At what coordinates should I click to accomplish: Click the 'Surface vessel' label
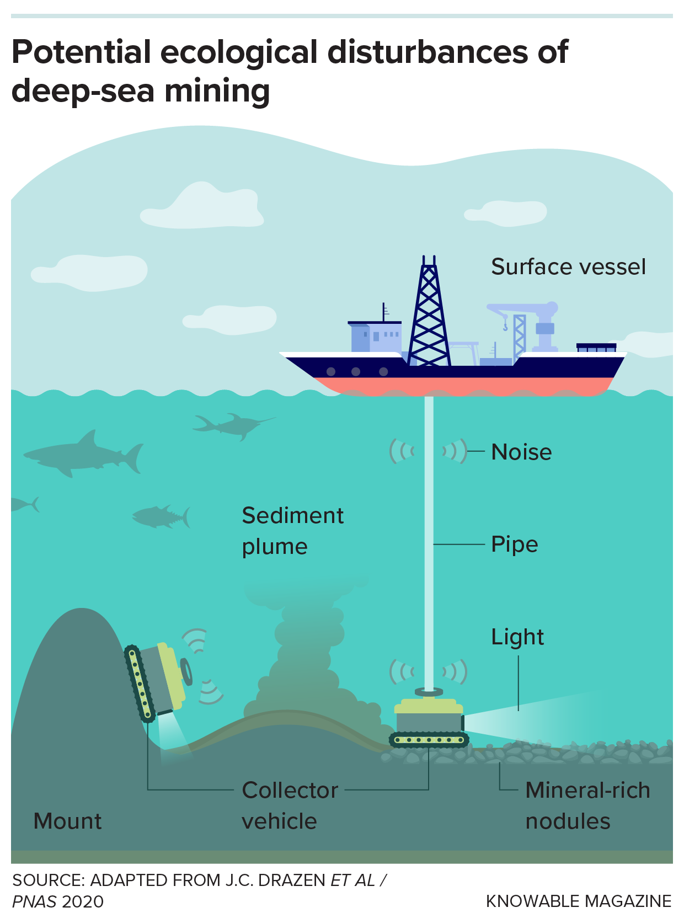point(568,267)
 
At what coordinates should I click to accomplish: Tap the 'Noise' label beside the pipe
point(521,452)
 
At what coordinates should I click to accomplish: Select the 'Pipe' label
point(514,545)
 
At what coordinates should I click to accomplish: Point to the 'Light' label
point(517,637)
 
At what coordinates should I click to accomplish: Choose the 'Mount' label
point(67,821)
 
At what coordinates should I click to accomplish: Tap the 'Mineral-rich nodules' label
point(587,805)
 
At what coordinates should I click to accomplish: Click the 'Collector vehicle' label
point(290,805)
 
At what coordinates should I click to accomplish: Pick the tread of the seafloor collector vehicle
point(429,740)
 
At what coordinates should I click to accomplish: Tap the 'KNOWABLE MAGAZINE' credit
point(578,901)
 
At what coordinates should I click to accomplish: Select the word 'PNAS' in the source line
point(34,901)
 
